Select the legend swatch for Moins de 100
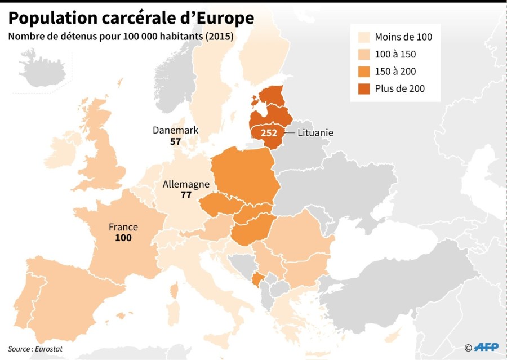point(364,37)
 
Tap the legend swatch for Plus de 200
point(364,88)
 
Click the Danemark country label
point(175,130)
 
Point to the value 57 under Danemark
point(175,141)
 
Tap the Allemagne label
point(186,184)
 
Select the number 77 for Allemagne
point(186,195)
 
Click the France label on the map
point(123,227)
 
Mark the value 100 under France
point(123,238)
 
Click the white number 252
point(268,133)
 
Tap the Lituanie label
point(316,133)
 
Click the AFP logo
point(486,347)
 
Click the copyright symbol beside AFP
point(468,348)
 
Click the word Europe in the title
point(225,18)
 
